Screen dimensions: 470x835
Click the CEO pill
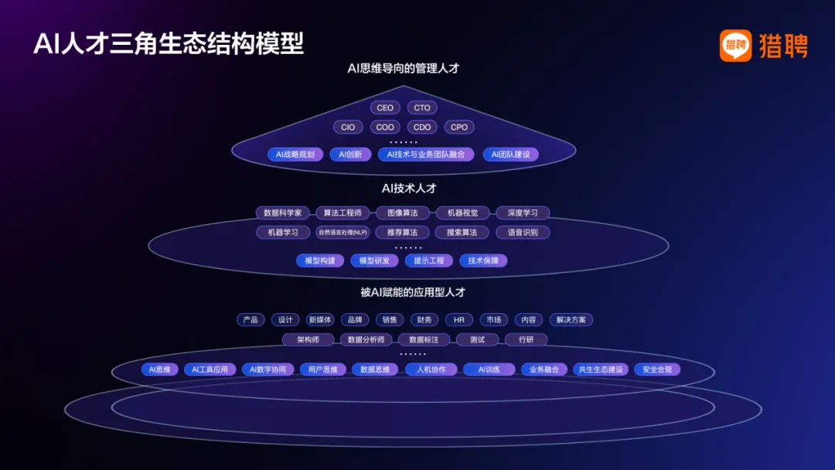pyautogui.click(x=385, y=108)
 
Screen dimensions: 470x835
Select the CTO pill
pyautogui.click(x=422, y=108)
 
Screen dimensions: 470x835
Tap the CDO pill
pyautogui.click(x=422, y=128)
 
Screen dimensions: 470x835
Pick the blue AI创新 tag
pyautogui.click(x=351, y=155)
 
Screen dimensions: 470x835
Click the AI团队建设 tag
pyautogui.click(x=511, y=155)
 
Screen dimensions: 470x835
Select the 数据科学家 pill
pyautogui.click(x=283, y=213)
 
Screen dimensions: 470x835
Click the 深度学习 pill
pyautogui.click(x=523, y=213)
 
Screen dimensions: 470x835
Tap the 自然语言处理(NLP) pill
pyautogui.click(x=343, y=233)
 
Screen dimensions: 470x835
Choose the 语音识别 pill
pyautogui.click(x=523, y=233)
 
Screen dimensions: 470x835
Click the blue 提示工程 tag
pyautogui.click(x=429, y=261)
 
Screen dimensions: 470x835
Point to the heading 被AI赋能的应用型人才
pyautogui.click(x=413, y=293)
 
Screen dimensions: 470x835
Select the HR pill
pyautogui.click(x=459, y=320)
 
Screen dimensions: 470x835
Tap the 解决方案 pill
pyautogui.click(x=571, y=320)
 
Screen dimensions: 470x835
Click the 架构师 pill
pyautogui.click(x=308, y=340)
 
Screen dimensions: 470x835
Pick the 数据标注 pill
pyautogui.click(x=424, y=340)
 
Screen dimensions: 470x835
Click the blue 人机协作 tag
pyautogui.click(x=431, y=370)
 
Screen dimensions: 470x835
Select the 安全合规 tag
pyautogui.click(x=657, y=370)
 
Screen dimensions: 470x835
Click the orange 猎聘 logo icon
pyautogui.click(x=735, y=46)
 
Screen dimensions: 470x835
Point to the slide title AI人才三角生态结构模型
pyautogui.click(x=169, y=43)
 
